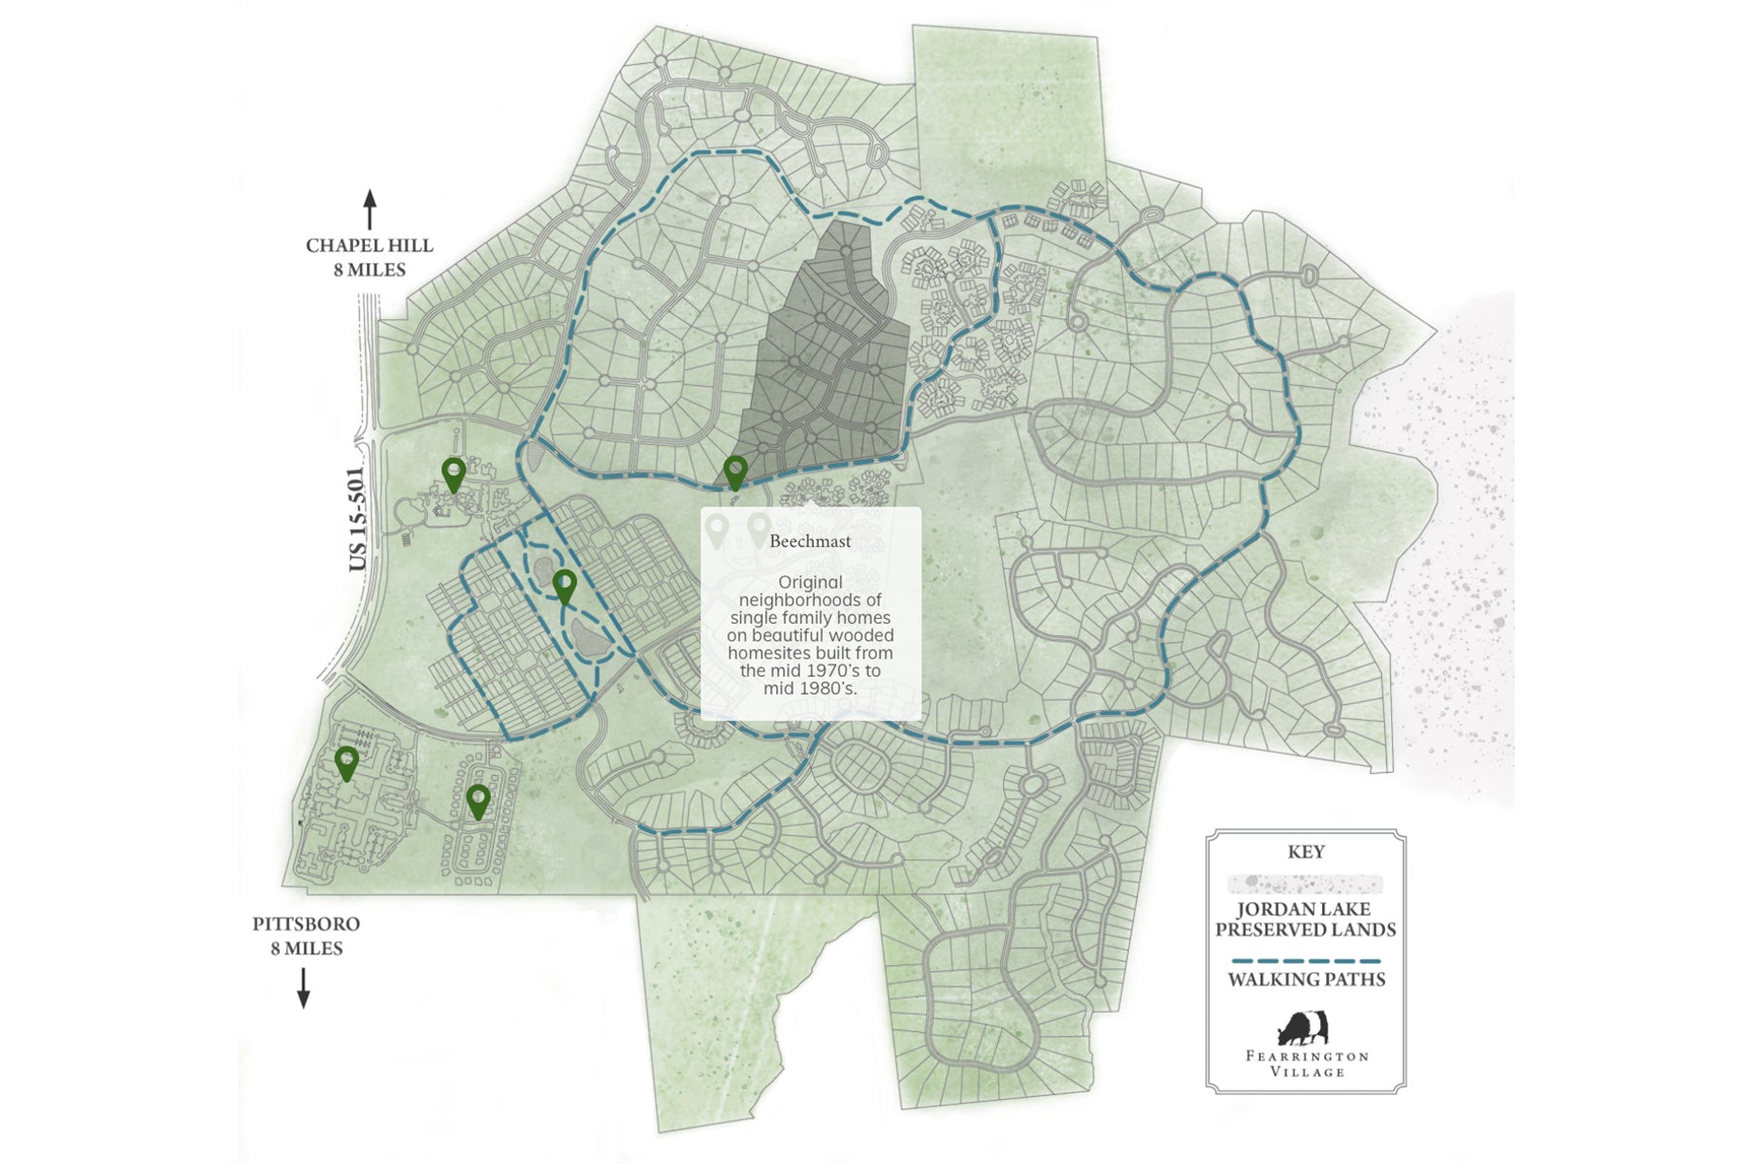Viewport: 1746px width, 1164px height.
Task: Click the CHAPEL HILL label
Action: click(369, 246)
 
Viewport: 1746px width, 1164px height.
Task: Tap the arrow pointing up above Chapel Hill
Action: click(370, 210)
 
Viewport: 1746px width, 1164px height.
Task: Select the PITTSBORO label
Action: click(306, 924)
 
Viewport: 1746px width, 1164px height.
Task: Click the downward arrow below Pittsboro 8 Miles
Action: click(304, 987)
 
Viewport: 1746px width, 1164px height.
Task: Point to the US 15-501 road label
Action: click(357, 520)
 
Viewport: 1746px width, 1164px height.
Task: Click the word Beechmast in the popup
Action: click(810, 541)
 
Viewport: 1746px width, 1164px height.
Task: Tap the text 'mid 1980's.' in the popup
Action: click(810, 689)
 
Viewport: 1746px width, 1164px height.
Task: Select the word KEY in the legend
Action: click(1306, 853)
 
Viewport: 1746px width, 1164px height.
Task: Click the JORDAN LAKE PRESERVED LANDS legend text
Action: click(1306, 920)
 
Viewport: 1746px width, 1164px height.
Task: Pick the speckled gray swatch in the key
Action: click(1306, 884)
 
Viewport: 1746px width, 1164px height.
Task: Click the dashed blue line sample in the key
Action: click(1306, 961)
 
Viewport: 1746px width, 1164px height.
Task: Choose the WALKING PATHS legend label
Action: click(1306, 980)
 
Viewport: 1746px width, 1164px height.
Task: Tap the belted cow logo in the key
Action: click(1304, 1027)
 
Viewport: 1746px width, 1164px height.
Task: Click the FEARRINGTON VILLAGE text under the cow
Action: click(1307, 1063)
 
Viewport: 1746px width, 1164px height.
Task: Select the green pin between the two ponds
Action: click(565, 585)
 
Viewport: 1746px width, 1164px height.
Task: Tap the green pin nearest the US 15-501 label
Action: click(453, 473)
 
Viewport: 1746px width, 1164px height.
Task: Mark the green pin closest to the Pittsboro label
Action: click(346, 762)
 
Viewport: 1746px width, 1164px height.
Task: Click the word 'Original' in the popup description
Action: click(810, 583)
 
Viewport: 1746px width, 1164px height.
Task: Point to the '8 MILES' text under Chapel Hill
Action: click(370, 271)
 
